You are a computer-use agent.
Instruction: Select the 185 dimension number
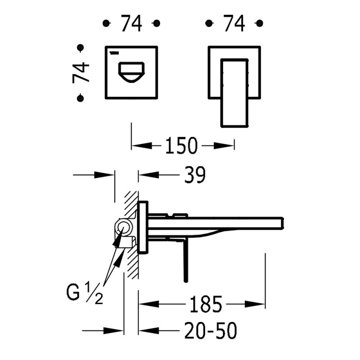tap(206, 305)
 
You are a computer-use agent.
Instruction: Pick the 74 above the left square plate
tap(131, 23)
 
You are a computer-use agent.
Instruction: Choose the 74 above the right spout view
tap(234, 23)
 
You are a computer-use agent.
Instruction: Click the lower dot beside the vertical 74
tap(81, 97)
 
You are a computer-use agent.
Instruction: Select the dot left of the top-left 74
tap(106, 23)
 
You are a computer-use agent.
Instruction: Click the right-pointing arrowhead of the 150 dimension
tap(227, 145)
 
